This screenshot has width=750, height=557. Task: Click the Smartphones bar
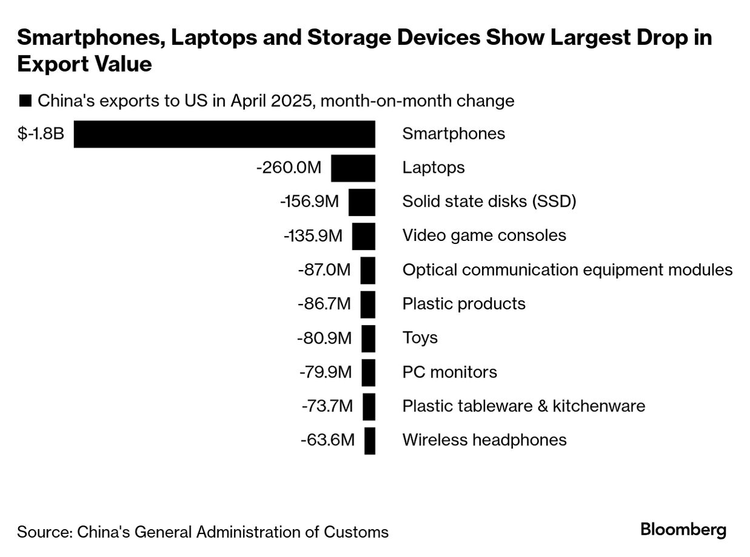click(224, 134)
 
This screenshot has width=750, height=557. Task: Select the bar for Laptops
click(353, 168)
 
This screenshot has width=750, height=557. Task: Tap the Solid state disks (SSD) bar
click(361, 202)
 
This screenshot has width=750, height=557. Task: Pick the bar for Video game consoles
click(363, 236)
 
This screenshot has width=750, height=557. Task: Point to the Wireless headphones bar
click(370, 441)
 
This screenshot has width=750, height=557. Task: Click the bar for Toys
click(368, 339)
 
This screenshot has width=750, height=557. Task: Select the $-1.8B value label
click(41, 133)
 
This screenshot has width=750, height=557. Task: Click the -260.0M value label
click(289, 167)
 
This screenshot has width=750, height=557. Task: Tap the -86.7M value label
click(324, 303)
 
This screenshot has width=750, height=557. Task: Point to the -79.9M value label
click(325, 372)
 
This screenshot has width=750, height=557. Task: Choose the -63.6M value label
click(327, 440)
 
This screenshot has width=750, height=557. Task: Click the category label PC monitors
click(449, 372)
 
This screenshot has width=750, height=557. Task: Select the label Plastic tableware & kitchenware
click(523, 406)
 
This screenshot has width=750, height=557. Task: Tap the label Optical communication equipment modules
click(567, 269)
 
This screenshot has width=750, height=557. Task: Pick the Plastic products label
click(464, 303)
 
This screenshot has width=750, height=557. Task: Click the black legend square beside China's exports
click(25, 101)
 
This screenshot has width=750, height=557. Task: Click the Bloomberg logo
click(683, 530)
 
